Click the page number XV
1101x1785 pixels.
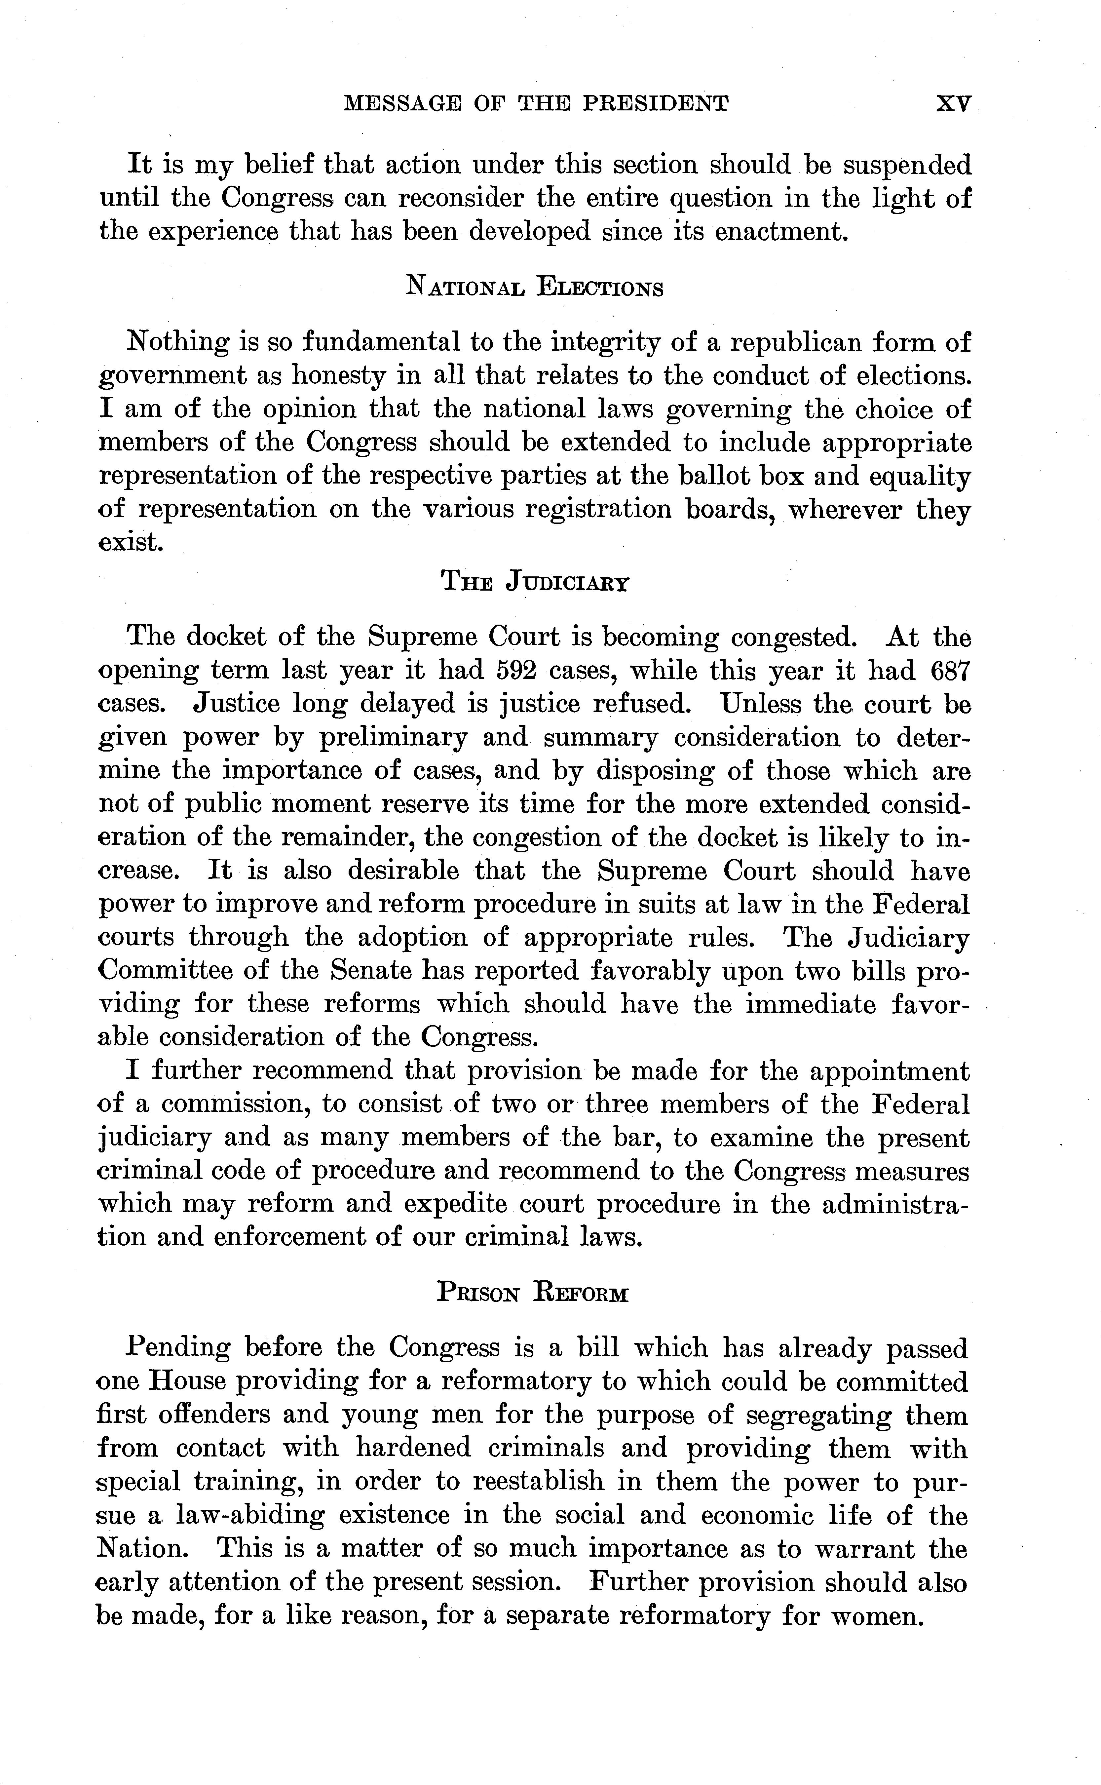952,103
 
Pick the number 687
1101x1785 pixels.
951,670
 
